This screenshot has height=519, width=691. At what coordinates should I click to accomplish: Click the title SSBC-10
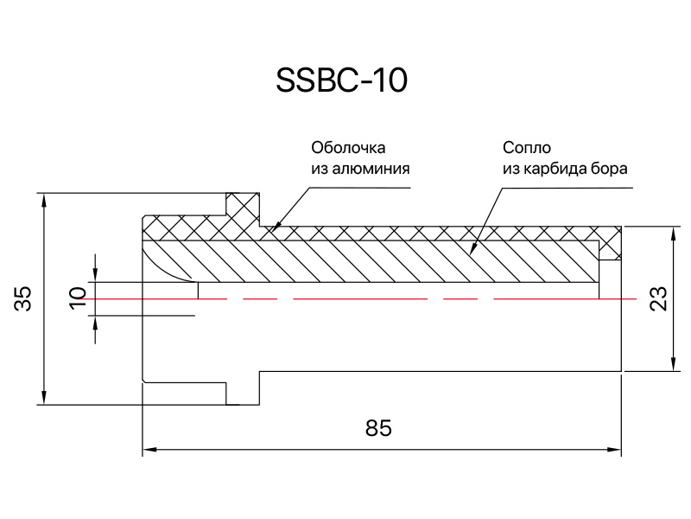[x=341, y=80]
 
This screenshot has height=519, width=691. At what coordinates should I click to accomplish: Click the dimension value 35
[x=23, y=298]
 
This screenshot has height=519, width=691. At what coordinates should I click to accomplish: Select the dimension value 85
[x=378, y=428]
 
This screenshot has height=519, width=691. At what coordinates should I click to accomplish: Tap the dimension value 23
[x=658, y=298]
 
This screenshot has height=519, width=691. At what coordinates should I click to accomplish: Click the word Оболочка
[x=348, y=147]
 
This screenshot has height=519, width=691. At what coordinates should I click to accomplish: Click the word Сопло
[x=527, y=147]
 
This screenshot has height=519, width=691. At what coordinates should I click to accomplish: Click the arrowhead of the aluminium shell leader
[x=276, y=227]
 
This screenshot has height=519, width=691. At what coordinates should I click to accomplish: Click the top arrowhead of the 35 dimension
[x=44, y=201]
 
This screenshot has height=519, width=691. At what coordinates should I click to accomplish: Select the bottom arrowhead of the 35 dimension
[x=44, y=397]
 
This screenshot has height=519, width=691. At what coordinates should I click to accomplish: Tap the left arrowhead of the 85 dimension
[x=150, y=450]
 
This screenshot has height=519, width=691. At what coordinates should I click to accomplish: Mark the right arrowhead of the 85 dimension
[x=614, y=450]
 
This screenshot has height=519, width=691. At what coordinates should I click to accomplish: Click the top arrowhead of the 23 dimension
[x=674, y=234]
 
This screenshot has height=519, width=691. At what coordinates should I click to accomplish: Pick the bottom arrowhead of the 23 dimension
[x=674, y=363]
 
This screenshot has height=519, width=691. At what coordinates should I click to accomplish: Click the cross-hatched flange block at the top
[x=243, y=209]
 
